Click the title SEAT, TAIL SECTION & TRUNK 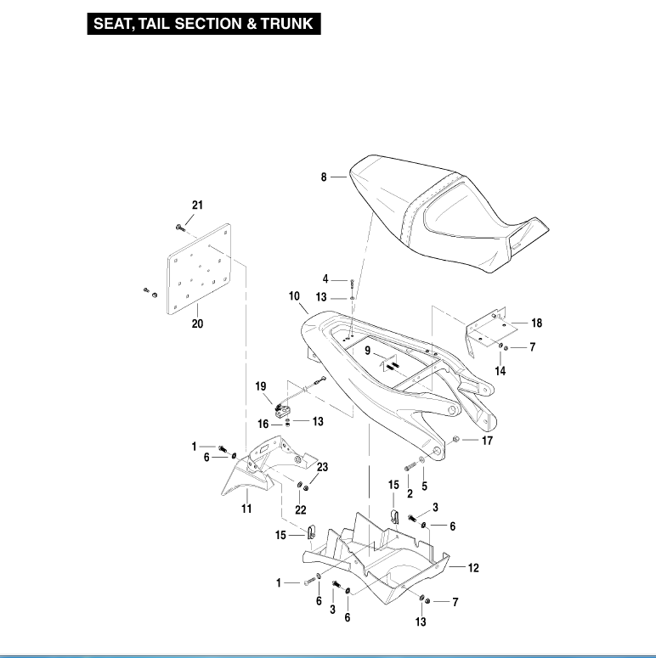pos(204,24)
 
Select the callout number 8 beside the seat pos(324,177)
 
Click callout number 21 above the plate pos(197,206)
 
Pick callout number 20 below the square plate pos(197,323)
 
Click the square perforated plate pos(201,270)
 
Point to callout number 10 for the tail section pos(295,296)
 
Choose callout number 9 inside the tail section pos(369,350)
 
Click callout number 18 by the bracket pos(537,323)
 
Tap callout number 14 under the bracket pos(500,371)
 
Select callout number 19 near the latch pos(261,386)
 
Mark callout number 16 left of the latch pos(263,423)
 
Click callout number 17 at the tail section pos(487,441)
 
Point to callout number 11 pos(246,509)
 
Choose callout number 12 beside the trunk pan pos(473,568)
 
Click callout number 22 pos(300,509)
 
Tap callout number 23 pos(323,466)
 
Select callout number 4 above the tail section pos(325,278)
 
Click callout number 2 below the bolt pos(409,492)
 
